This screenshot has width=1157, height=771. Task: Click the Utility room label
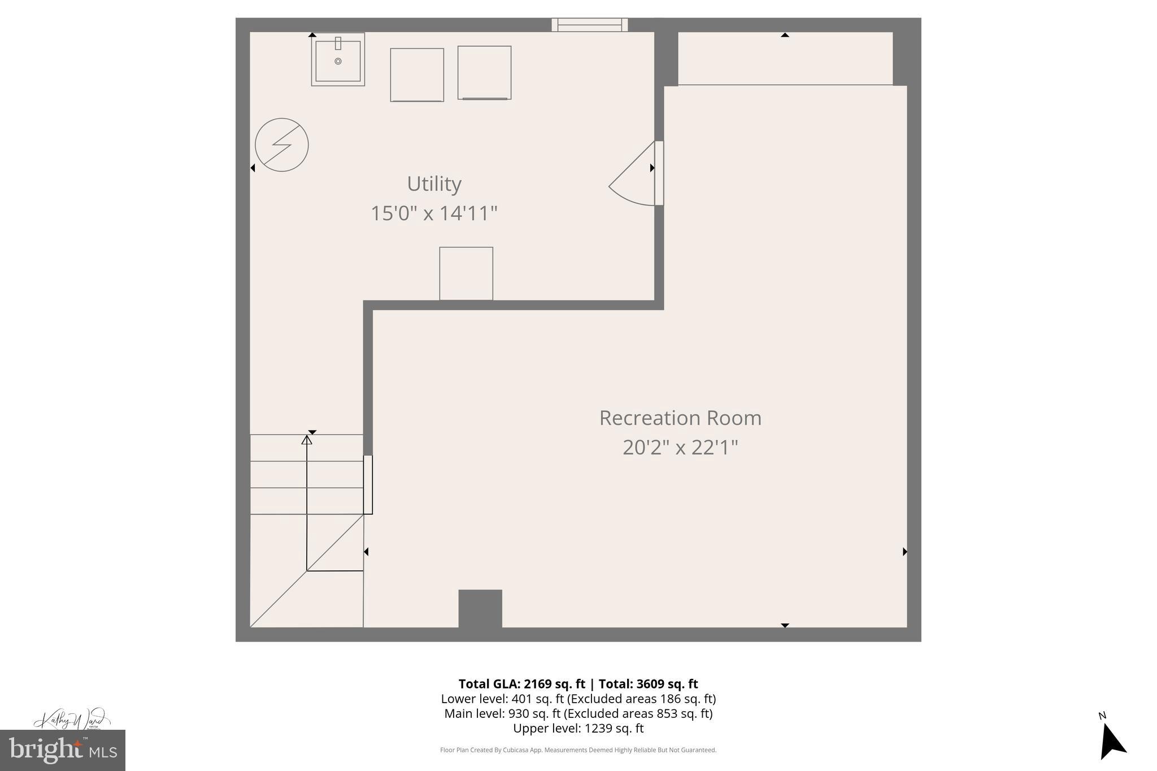pos(434,184)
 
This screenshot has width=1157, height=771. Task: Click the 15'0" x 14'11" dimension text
pos(434,214)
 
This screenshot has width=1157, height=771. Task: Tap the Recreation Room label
pos(680,419)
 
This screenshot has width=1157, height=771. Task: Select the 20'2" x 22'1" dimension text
pos(680,448)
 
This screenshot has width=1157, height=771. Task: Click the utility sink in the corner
pos(338,60)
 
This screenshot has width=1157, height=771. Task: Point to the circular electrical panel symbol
pos(281,145)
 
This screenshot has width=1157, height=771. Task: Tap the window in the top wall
pos(589,25)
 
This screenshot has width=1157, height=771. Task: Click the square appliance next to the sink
pos(417,75)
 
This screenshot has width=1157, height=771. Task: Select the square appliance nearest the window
pos(484,73)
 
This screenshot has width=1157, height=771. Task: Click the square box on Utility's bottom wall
pos(466,273)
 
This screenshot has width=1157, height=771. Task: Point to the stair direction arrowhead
pos(307,439)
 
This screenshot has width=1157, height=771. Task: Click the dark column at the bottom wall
pos(480,609)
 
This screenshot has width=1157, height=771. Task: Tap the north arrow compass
pos(1112,740)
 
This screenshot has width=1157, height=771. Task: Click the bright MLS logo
pos(62,750)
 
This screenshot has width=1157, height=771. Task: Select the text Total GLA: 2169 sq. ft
pos(521,684)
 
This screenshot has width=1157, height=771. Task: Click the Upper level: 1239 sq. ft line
pos(578,729)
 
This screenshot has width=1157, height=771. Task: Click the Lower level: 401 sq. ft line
pos(578,699)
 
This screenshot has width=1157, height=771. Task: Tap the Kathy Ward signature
pos(72,720)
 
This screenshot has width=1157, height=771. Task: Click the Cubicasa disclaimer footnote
pos(578,750)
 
